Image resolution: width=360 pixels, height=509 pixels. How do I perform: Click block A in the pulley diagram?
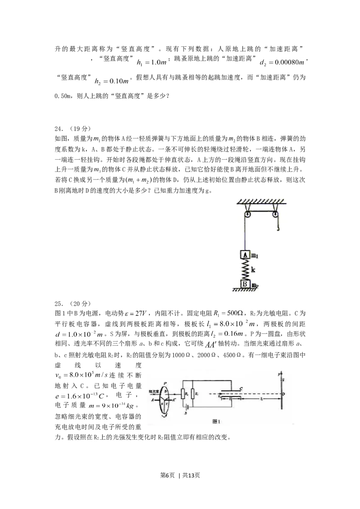click(x=245, y=254)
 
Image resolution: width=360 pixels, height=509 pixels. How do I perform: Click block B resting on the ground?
click(x=245, y=284)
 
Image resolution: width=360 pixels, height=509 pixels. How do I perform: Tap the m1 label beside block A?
click(x=255, y=255)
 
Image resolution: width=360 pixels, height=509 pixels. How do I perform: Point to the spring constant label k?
click(x=254, y=270)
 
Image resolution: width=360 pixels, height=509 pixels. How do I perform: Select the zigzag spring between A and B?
click(x=245, y=269)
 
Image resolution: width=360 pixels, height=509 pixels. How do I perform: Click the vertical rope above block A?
click(x=246, y=236)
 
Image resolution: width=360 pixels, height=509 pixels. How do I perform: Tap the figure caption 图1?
click(x=217, y=421)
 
